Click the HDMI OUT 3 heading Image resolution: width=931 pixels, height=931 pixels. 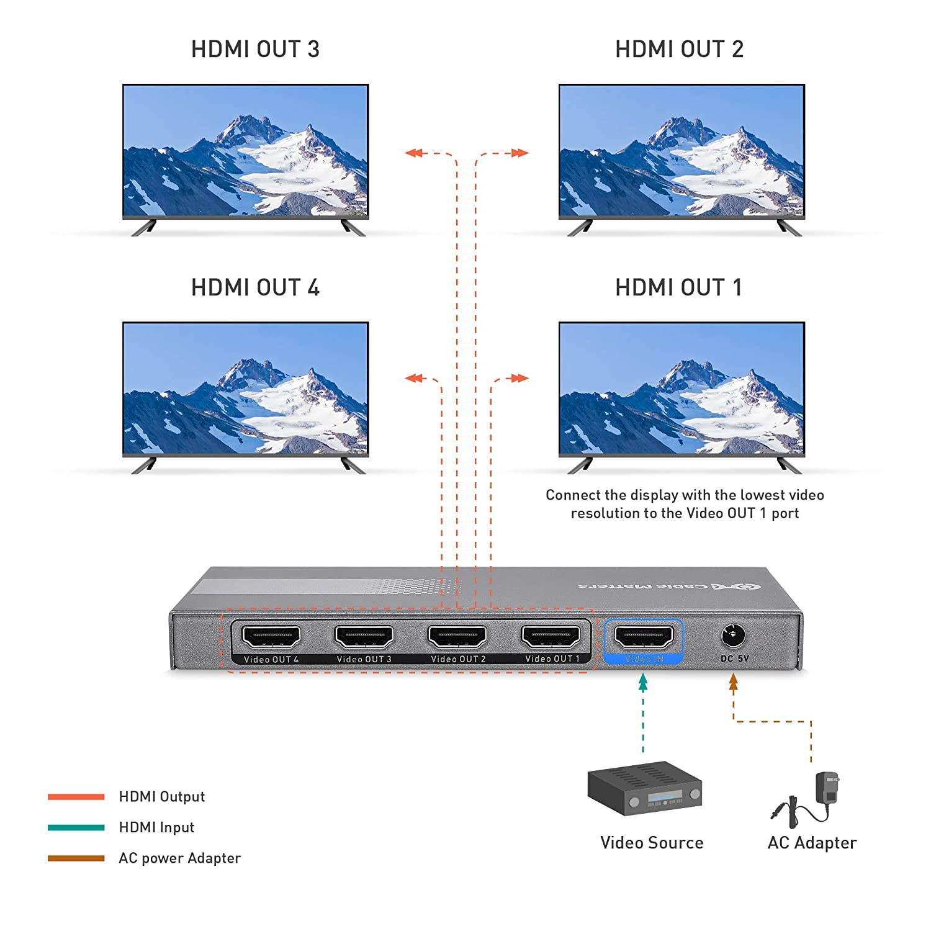[255, 50]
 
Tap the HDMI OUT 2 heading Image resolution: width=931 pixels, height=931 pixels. [679, 50]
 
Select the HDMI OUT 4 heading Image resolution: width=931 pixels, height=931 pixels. [255, 288]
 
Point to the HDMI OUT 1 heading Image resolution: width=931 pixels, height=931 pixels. [678, 288]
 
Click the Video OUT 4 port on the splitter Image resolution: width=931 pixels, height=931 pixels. [271, 637]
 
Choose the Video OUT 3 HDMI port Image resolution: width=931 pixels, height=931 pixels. [364, 637]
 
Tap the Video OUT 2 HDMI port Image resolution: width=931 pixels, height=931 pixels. [457, 637]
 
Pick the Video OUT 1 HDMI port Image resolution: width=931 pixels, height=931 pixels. [551, 637]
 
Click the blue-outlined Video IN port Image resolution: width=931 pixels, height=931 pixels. [644, 637]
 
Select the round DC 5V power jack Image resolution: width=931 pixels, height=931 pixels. [733, 636]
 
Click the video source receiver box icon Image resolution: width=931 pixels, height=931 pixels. [644, 788]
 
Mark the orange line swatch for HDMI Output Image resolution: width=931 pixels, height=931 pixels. [76, 797]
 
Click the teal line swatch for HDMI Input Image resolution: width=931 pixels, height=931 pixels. [76, 827]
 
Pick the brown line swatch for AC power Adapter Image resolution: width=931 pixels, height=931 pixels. [76, 858]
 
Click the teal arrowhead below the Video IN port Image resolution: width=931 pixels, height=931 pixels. [643, 683]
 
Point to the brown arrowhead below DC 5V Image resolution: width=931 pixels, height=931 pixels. [734, 683]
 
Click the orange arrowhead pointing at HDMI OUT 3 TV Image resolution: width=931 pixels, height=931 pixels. [413, 153]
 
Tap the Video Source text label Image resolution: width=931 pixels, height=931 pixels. [652, 843]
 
